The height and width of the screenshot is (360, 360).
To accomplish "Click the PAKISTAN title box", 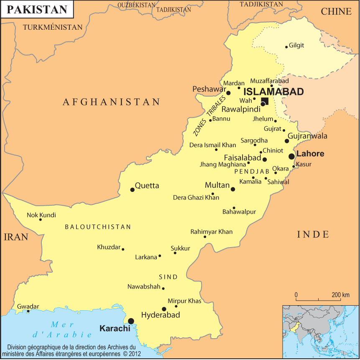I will (37, 10).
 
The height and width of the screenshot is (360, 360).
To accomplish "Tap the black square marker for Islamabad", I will (265, 100).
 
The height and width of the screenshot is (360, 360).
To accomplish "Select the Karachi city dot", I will (131, 321).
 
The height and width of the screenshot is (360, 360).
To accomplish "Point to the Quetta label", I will (147, 186).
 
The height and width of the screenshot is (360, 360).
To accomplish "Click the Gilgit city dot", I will (286, 47).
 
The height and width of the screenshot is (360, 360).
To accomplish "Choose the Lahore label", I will (310, 154).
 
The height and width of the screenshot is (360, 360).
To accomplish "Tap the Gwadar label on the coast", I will (28, 306).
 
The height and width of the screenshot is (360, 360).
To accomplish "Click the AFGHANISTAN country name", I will (111, 102).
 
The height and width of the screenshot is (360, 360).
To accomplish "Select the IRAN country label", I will (16, 237).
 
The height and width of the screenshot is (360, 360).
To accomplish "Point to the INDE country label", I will (313, 234).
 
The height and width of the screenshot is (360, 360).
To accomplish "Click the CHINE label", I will (336, 12).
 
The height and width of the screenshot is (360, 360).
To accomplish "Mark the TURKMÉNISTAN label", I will (53, 27).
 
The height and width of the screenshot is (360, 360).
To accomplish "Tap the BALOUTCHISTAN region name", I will (98, 227).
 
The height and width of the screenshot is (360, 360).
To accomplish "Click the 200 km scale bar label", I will (340, 295).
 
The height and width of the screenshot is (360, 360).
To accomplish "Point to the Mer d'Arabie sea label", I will (63, 329).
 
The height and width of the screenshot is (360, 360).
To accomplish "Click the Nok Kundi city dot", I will (41, 220).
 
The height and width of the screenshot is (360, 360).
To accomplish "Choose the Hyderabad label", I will (161, 315).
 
